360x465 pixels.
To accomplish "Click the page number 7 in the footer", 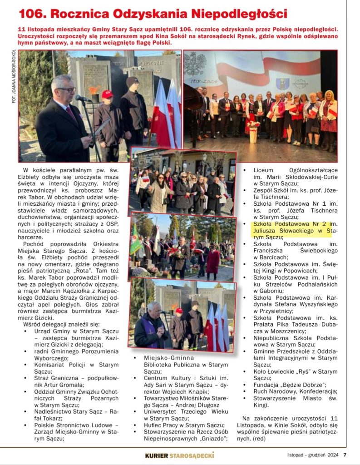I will click(x=345, y=455).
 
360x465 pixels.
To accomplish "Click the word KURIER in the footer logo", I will click(x=157, y=455).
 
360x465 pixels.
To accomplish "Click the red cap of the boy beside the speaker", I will click(x=107, y=94).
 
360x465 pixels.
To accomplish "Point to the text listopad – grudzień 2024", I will click(x=313, y=455).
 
